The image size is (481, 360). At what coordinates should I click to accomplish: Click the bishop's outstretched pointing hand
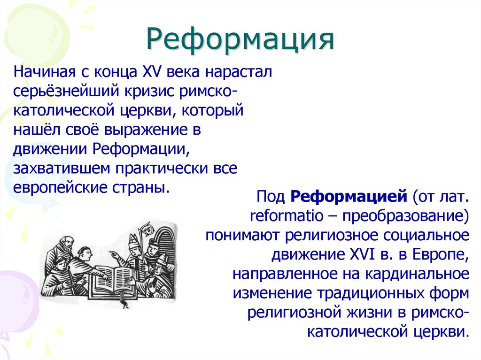click(x=114, y=254)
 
